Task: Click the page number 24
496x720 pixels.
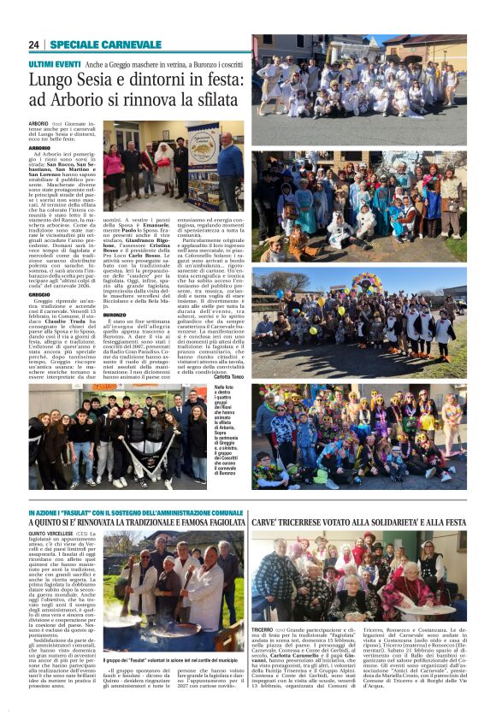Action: pos(34,44)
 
